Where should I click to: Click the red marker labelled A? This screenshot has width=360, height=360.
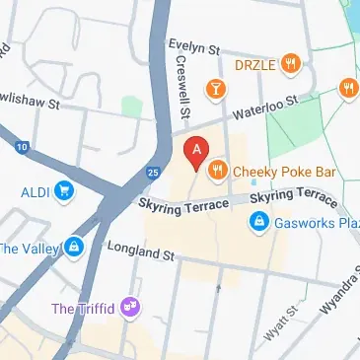tap(196, 152)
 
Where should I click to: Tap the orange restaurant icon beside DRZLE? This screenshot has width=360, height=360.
tap(290, 65)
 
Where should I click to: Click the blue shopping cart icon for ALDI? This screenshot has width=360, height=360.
tap(64, 189)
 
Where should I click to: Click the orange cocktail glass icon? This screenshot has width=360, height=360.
tap(213, 91)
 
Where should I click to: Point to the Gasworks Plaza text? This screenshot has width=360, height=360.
tap(315, 222)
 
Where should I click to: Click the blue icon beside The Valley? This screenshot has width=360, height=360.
tap(73, 247)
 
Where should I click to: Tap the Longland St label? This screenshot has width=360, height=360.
tap(140, 252)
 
